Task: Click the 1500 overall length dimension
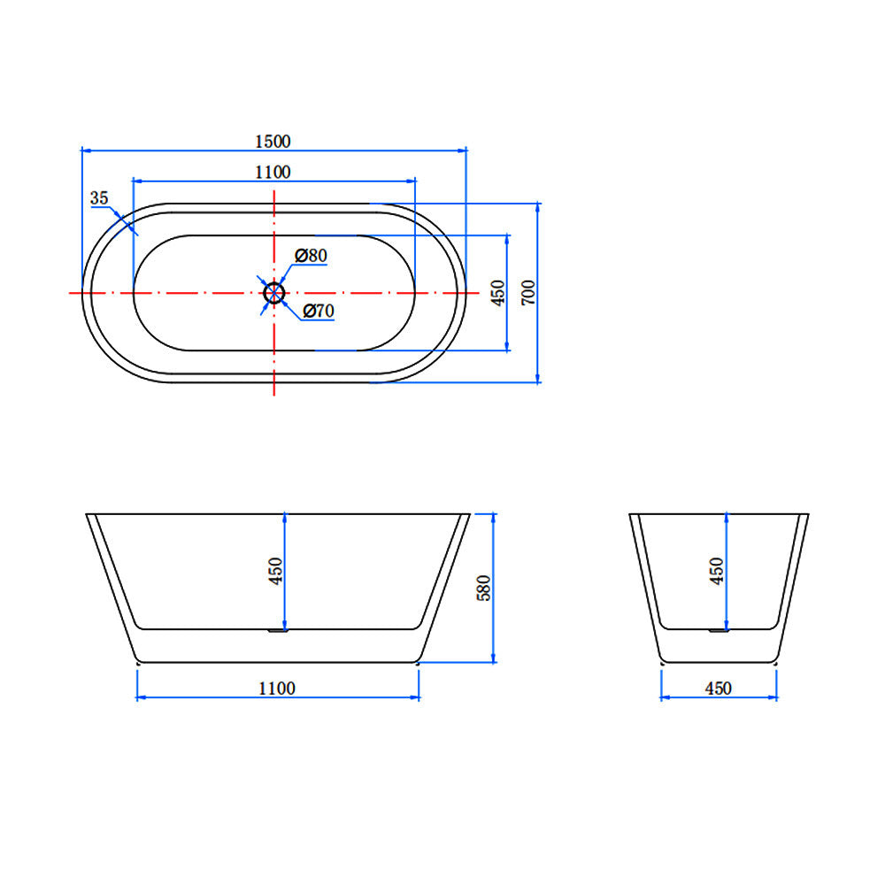(x=273, y=141)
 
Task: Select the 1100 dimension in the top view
(x=273, y=173)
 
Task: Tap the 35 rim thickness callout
(x=99, y=198)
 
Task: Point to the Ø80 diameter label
(x=311, y=256)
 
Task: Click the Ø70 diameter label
(x=319, y=311)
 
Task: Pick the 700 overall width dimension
(x=528, y=292)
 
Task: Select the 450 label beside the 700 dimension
(x=497, y=292)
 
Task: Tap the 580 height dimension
(x=484, y=589)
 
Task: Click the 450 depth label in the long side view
(x=275, y=571)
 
